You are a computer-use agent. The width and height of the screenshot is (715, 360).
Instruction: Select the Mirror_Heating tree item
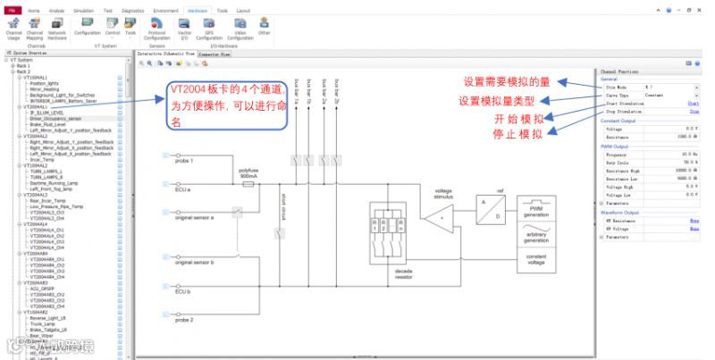click(x=46, y=89)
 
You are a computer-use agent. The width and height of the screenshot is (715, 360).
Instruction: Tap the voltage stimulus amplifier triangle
click(x=442, y=219)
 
